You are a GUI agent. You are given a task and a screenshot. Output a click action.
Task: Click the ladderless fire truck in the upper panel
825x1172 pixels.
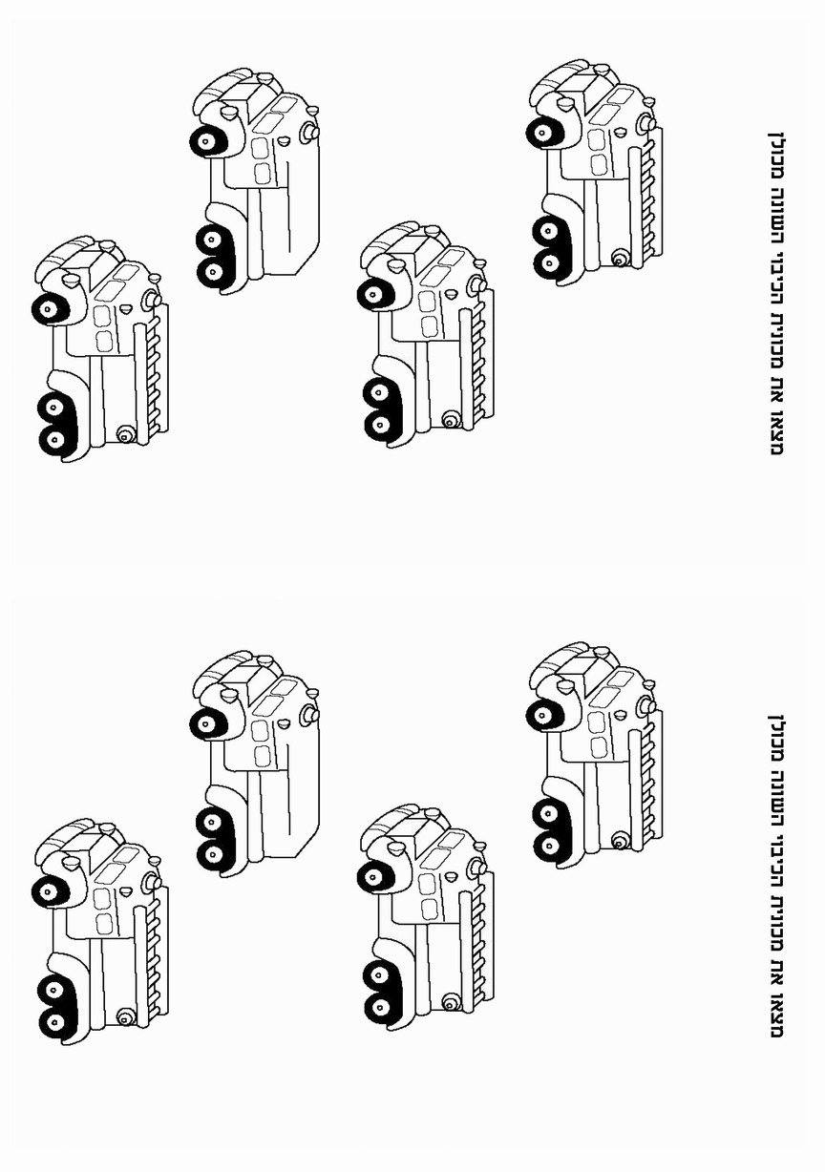pyautogui.click(x=253, y=181)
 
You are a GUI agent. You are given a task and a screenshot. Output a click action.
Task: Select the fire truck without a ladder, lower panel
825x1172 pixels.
pyautogui.click(x=253, y=764)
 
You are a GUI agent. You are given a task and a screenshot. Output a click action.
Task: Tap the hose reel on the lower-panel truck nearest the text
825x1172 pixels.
pyautogui.click(x=620, y=840)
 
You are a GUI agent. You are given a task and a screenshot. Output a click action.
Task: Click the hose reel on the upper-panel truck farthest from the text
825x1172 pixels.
pyautogui.click(x=123, y=435)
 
